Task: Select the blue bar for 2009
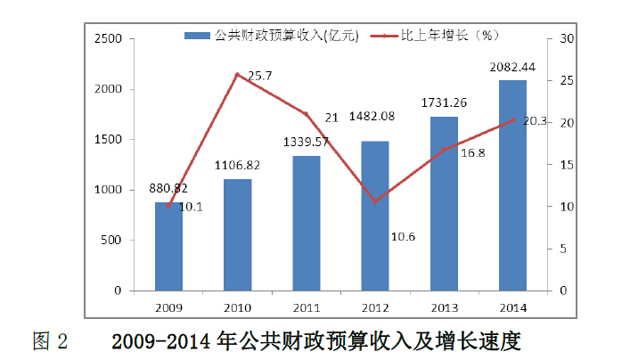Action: coord(168,247)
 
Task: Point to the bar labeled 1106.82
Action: coord(237,235)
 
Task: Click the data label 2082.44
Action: coord(512,67)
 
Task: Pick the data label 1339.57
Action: coord(306,142)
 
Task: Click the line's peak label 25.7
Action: coord(259,77)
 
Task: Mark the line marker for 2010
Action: coord(237,75)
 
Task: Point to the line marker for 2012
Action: coord(374,201)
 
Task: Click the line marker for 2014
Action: coord(512,119)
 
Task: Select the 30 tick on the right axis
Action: coord(567,39)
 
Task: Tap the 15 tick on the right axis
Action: coord(567,165)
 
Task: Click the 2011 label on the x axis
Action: coord(306,307)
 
